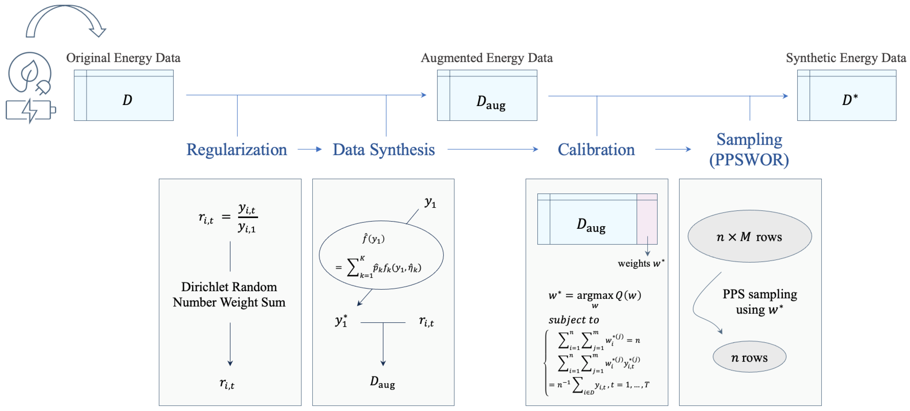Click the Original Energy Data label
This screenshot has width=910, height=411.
(123, 57)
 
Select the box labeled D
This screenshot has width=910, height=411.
(124, 95)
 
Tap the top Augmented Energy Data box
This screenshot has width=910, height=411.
(487, 95)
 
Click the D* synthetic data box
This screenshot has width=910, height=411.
(846, 95)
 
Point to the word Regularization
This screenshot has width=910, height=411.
(236, 150)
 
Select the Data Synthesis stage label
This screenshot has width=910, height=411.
(384, 150)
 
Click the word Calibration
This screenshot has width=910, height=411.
(596, 150)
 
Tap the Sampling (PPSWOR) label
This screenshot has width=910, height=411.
(749, 150)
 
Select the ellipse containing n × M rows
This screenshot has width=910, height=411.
(749, 236)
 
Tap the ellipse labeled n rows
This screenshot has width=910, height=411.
(749, 357)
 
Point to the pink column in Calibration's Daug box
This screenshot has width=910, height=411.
(647, 219)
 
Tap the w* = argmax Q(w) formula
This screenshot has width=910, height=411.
(595, 296)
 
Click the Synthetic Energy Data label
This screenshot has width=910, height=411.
(846, 57)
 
